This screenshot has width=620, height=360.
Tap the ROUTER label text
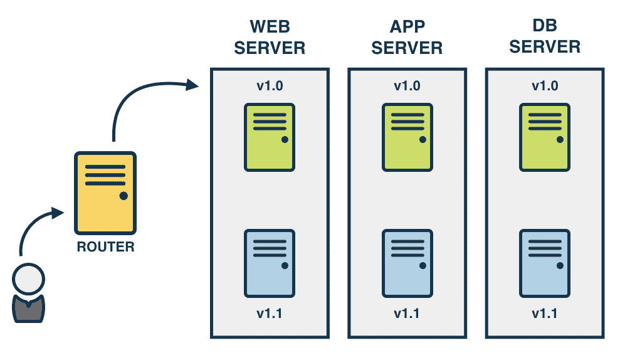click(x=105, y=246)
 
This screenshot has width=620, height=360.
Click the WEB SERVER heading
click(x=269, y=37)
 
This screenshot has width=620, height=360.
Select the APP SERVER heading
click(x=407, y=37)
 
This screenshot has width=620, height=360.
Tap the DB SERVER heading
click(x=545, y=37)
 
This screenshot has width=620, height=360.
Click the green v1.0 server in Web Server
click(x=269, y=137)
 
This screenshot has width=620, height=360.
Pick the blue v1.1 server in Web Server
click(x=269, y=263)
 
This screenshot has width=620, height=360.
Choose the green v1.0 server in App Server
click(x=407, y=137)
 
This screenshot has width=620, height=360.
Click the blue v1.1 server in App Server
click(x=407, y=263)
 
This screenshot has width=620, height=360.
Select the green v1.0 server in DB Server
click(x=545, y=137)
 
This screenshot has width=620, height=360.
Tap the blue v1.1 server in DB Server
click(x=545, y=263)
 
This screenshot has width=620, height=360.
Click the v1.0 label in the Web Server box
click(x=269, y=85)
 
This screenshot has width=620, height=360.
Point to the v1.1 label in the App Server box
click(x=407, y=313)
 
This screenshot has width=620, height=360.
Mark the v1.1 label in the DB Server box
click(x=545, y=313)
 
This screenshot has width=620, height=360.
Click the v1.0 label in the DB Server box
click(x=545, y=85)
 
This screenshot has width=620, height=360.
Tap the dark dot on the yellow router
click(x=123, y=196)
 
